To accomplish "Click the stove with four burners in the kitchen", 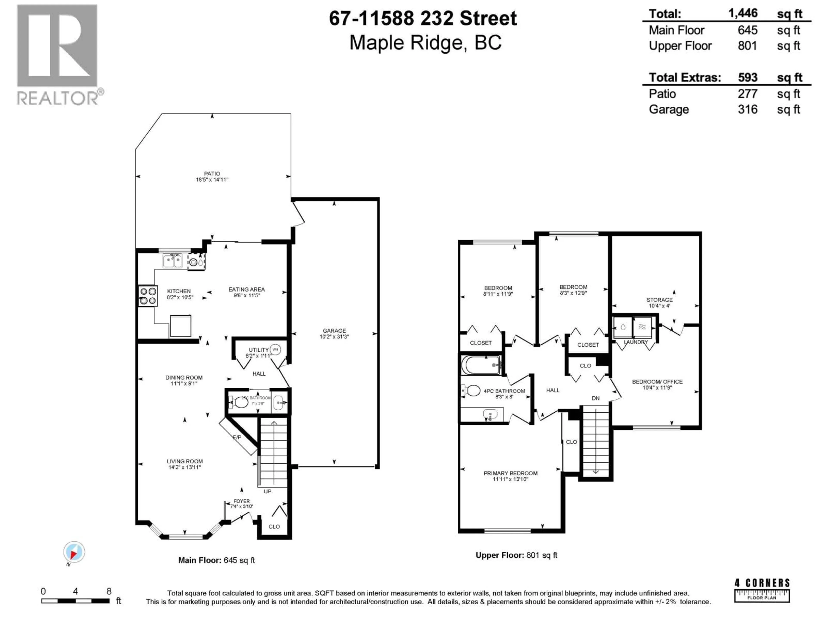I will (148, 296).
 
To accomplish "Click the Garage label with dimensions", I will (334, 333).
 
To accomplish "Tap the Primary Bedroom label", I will (510, 476).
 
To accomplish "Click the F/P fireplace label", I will (237, 437).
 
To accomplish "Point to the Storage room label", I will (660, 302).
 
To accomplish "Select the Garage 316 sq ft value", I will (747, 109).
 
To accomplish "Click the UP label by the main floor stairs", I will (267, 491).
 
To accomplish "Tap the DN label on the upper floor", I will (596, 398).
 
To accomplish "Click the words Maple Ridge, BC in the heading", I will (425, 43).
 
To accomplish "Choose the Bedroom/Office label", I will (657, 384).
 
